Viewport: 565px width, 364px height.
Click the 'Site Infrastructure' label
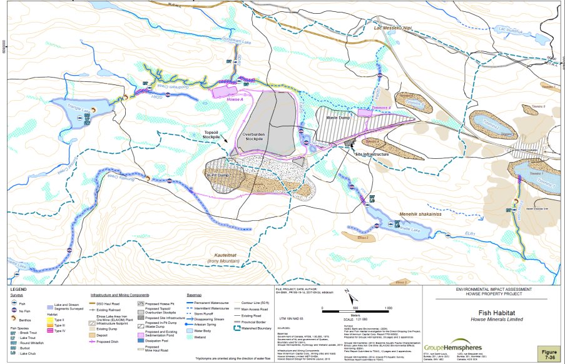point(372,153)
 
